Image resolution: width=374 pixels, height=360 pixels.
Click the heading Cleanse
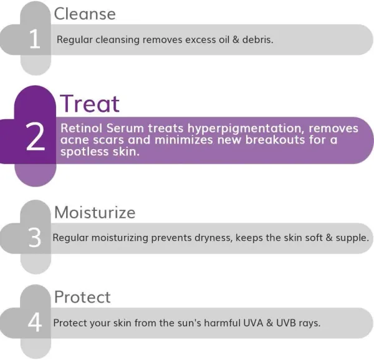(84, 14)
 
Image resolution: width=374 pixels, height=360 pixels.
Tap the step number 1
(35, 40)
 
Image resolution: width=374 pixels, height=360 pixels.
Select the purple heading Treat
(89, 104)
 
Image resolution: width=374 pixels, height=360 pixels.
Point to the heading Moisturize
(94, 212)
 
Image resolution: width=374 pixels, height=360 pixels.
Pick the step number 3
(35, 238)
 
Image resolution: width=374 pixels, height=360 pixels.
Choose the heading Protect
(82, 297)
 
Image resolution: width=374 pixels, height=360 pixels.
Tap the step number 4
(35, 324)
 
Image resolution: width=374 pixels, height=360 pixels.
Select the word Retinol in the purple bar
(81, 128)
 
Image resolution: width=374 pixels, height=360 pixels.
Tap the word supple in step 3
(352, 238)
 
